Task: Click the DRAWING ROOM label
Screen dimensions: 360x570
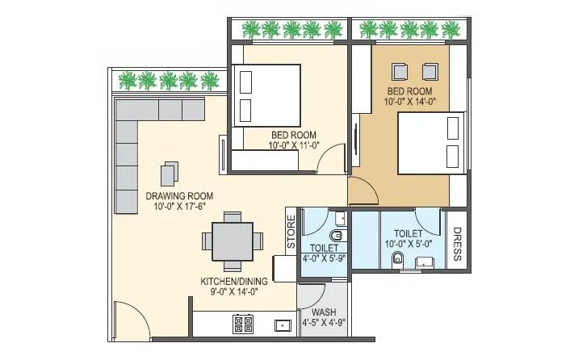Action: [x=179, y=196]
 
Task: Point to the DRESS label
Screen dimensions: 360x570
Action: [x=457, y=244]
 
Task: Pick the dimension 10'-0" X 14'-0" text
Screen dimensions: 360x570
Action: [x=411, y=103]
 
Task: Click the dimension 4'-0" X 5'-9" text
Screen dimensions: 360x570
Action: [x=325, y=259]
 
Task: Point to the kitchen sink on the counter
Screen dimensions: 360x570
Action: [x=282, y=325]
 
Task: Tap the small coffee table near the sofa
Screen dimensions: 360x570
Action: [x=170, y=174]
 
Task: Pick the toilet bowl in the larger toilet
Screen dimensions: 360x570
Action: [x=396, y=259]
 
